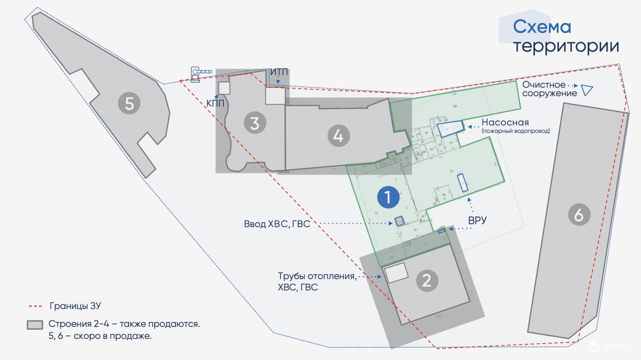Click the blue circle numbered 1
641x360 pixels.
pos(388,197)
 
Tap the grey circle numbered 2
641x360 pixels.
pos(427,281)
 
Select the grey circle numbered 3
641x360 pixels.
pos(255,123)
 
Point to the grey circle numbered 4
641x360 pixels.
pos(339,136)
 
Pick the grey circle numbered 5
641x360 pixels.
pos(129,103)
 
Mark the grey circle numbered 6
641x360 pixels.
pos(579,215)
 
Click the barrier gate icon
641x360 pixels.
pos(200,74)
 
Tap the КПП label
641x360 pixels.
pos(215,104)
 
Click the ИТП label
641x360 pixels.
pos(279,72)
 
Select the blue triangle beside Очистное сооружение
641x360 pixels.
pos(586,90)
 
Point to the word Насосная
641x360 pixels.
pos(505,122)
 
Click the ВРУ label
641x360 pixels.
pos(477,220)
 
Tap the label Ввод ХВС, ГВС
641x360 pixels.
pos(277,224)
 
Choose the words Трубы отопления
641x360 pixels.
pos(317,276)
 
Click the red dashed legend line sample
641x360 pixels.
pos(35,306)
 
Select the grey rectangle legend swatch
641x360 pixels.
pos(35,325)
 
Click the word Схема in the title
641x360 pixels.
pos(542,27)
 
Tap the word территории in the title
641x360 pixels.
pos(566,46)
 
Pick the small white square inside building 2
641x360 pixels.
pos(397,273)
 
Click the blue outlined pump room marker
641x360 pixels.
pos(451,129)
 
